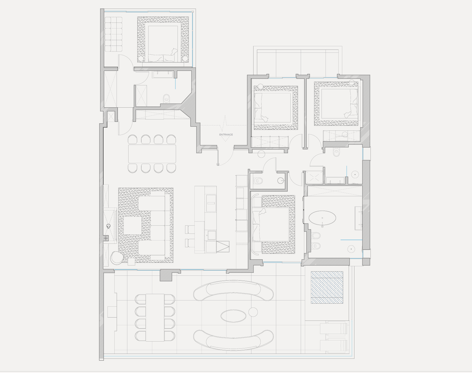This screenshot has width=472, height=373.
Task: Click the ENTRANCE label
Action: coord(226,135)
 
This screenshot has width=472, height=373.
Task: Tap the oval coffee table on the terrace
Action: coord(234,316)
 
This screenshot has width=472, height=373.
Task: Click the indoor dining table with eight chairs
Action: coord(152,154)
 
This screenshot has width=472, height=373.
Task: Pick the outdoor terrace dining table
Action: coord(155,318)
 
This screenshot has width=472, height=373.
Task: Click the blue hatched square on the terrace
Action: coord(327,287)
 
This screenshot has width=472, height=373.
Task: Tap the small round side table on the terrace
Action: coord(253,312)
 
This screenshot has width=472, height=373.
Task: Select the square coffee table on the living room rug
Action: coord(132,226)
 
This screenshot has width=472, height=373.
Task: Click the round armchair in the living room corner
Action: coord(117,258)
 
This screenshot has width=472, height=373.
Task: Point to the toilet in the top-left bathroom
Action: coord(167,99)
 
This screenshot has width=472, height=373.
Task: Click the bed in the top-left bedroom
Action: coord(163,44)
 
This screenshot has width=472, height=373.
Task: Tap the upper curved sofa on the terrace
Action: coord(233,290)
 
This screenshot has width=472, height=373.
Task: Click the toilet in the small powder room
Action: coord(258,181)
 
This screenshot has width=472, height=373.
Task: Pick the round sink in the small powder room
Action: coord(281,181)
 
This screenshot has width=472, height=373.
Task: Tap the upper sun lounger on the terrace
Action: coord(334,328)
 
